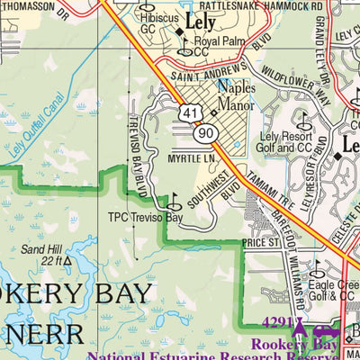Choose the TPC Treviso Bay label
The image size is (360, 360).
[145, 218]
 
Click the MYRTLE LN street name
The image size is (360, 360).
[193, 158]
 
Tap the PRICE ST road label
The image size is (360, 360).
[262, 242]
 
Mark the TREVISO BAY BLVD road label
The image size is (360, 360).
[137, 157]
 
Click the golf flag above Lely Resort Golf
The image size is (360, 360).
[301, 119]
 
